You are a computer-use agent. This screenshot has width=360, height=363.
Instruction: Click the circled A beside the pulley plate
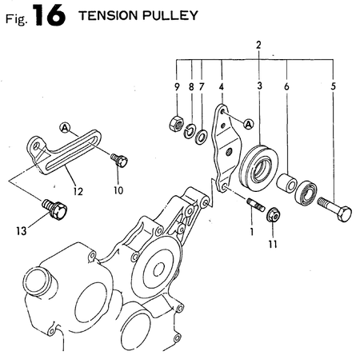[248, 123]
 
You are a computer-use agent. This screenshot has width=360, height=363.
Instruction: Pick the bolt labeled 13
[58, 210]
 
